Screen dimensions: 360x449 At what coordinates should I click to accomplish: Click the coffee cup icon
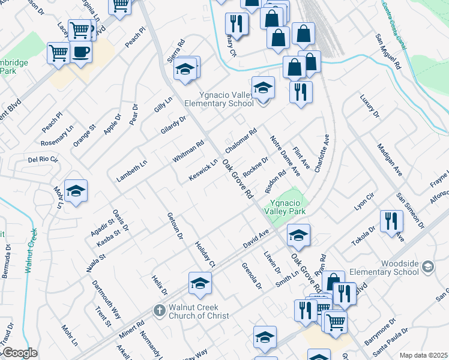[x=80, y=52]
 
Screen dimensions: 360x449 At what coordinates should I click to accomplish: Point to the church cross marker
[x=159, y=311]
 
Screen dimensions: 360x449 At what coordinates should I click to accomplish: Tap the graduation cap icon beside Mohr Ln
[x=76, y=191]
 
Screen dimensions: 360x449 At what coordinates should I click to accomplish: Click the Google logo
[x=19, y=353]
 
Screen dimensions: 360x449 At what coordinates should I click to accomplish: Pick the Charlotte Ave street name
[x=322, y=154]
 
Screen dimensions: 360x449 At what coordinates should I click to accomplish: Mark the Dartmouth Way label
[x=107, y=295]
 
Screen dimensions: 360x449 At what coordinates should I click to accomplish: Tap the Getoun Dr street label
[x=175, y=225]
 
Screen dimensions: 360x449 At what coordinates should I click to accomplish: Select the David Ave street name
[x=256, y=239]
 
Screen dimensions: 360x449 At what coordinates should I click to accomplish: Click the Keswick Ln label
[x=203, y=172]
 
